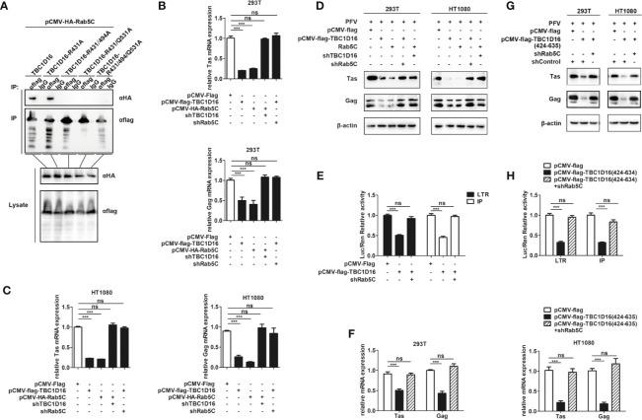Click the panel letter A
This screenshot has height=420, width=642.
click(x=7, y=7)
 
